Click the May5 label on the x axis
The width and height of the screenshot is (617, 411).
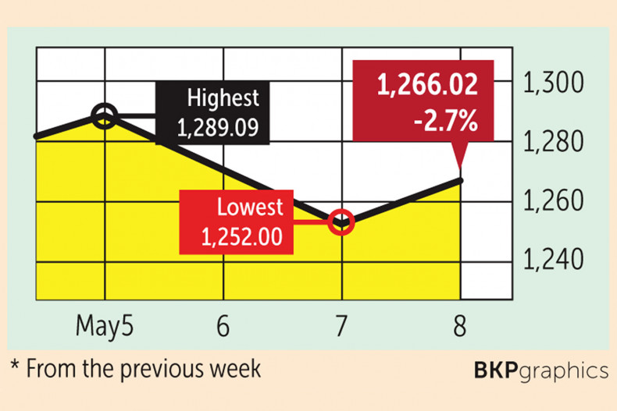(x=104, y=326)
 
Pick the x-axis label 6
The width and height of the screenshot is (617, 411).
(x=223, y=326)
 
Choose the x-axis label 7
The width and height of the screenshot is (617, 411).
(x=342, y=326)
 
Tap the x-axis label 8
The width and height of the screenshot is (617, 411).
(x=459, y=326)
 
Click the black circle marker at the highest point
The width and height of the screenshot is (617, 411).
(x=105, y=118)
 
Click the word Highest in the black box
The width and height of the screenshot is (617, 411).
(x=223, y=99)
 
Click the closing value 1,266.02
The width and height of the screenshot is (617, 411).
(x=427, y=87)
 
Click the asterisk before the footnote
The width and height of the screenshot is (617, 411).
(x=15, y=365)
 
